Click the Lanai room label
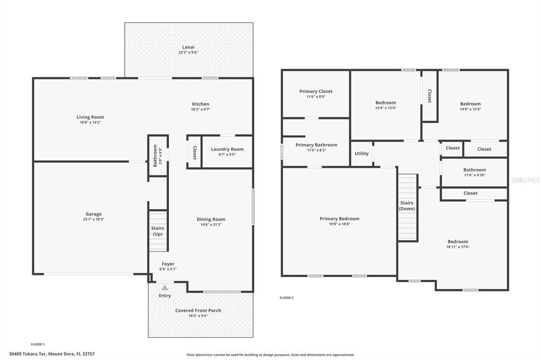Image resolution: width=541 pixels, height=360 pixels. [x=189, y=47]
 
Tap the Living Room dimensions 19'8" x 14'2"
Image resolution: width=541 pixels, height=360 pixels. [x=90, y=122]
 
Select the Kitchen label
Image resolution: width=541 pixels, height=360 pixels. [x=200, y=104]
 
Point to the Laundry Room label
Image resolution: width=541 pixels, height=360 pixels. [x=227, y=149]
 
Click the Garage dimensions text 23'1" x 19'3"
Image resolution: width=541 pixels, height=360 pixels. [x=94, y=219]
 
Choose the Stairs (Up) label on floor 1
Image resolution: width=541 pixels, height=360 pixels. [x=157, y=231]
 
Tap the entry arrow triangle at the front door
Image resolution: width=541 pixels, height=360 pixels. [x=165, y=288]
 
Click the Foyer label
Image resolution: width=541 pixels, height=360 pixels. [x=168, y=264]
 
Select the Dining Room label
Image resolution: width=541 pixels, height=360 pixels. [x=211, y=219]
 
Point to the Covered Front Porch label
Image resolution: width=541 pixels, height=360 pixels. [x=198, y=310]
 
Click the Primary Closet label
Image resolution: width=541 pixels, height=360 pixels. [x=316, y=91]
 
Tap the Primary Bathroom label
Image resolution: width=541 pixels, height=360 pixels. [x=316, y=145]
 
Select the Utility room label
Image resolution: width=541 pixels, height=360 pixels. [x=361, y=154]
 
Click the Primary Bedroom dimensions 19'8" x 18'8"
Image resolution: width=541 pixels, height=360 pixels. [x=340, y=224]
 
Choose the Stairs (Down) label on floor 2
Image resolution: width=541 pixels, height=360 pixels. [x=407, y=206]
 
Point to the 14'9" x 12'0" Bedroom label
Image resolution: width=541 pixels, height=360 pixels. [x=470, y=104]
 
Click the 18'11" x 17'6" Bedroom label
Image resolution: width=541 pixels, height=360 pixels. [x=458, y=242]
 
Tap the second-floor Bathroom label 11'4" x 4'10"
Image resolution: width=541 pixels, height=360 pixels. [x=475, y=169]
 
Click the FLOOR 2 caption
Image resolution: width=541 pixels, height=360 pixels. [x=286, y=298]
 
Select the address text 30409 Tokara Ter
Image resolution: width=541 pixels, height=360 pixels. [x=28, y=354]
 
